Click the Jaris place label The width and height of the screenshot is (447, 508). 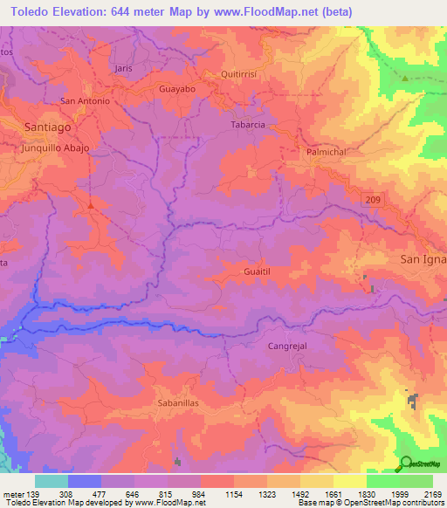coord(122,67)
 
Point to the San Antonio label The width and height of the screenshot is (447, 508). coord(85,101)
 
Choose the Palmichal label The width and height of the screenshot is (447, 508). coord(327,152)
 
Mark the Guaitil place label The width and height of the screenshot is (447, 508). coord(262,272)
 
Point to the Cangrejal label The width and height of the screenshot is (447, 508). coord(286,347)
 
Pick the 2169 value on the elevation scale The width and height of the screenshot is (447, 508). coord(430,493)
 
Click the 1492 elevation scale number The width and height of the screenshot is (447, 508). coord(298,493)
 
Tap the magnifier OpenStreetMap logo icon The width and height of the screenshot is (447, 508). coord(406,463)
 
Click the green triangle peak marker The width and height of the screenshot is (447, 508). coord(406,79)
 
